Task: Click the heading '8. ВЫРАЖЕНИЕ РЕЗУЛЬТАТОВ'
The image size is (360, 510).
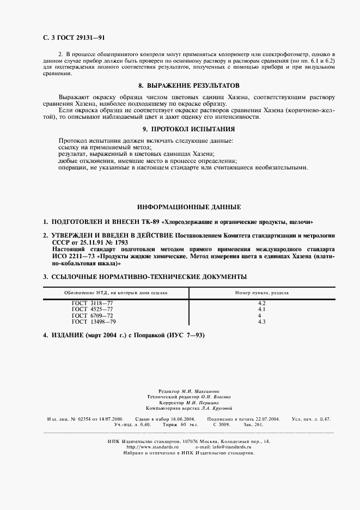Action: point(189,86)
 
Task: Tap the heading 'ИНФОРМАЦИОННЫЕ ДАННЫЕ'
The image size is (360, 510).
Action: point(188,207)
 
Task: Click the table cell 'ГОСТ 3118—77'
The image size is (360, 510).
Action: point(91,302)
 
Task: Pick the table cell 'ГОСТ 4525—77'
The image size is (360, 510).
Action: point(91,309)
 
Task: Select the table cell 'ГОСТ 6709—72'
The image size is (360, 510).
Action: point(91,315)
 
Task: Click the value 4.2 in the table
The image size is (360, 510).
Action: point(261,302)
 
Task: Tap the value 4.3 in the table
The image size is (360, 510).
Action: point(261,322)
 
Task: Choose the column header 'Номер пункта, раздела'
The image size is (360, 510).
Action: point(261,293)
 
